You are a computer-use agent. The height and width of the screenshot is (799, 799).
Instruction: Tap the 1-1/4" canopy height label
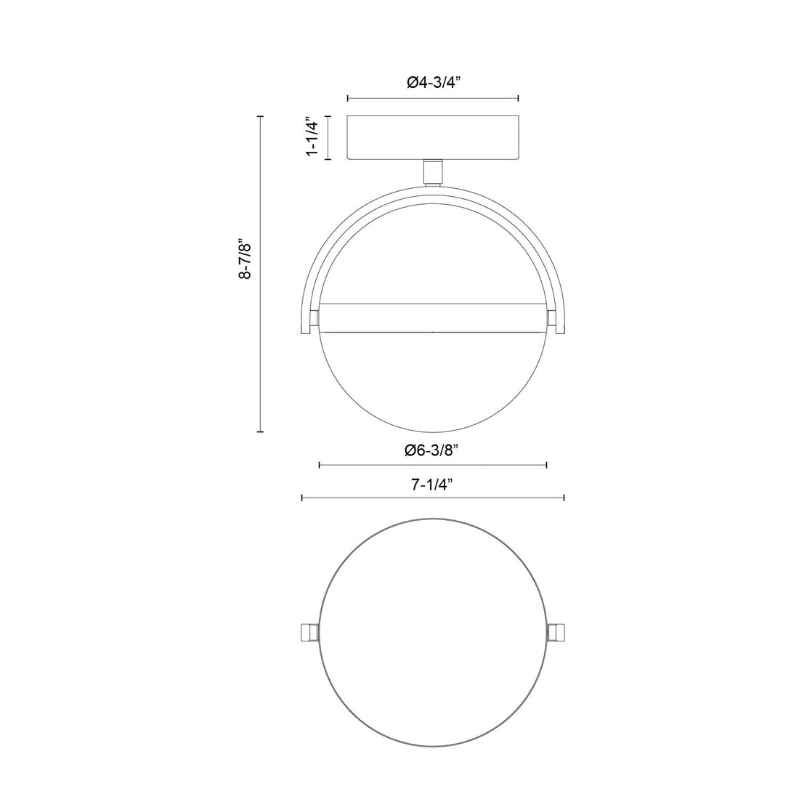(313, 137)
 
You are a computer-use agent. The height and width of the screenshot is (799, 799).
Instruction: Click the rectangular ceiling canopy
(433, 137)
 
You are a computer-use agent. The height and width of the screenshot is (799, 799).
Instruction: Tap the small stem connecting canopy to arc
(433, 171)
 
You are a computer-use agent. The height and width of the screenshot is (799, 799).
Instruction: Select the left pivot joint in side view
(314, 317)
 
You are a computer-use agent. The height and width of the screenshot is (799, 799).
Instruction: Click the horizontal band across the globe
(433, 317)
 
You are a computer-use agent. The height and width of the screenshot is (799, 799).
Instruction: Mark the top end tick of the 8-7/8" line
(261, 115)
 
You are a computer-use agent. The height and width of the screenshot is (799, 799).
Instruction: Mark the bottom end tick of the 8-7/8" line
(261, 432)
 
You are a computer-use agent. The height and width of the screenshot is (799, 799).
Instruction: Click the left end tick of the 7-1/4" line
(302, 498)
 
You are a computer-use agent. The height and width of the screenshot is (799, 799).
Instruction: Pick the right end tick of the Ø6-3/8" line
(546, 466)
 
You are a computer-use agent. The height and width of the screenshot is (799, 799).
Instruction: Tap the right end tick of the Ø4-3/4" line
(517, 98)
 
